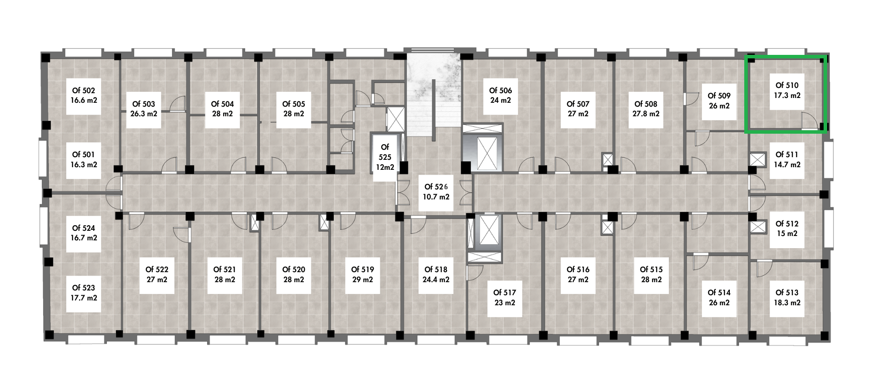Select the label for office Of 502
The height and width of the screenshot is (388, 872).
tap(83, 90)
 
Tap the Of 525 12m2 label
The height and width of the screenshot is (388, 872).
tap(385, 157)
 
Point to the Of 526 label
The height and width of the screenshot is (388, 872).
tap(436, 186)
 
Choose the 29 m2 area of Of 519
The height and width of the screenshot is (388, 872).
tap(362, 280)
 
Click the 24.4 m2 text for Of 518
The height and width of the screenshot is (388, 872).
tap(436, 280)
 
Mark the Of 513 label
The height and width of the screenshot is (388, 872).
tap(787, 293)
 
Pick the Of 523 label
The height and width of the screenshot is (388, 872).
tap(83, 288)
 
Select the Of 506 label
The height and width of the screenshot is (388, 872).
tap(501, 90)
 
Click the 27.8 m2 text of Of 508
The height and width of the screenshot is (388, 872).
tap(646, 114)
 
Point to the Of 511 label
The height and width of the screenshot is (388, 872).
tap(787, 155)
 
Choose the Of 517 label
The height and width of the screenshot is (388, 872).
tap(504, 293)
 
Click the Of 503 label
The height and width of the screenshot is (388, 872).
tap(144, 104)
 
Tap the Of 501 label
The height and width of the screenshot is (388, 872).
tap(83, 155)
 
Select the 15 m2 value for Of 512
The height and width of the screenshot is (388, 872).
tap(787, 233)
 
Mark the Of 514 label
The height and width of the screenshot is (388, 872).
tap(719, 293)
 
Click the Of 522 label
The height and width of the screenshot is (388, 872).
tap(157, 270)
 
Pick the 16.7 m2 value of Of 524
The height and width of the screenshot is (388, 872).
tap(83, 238)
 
